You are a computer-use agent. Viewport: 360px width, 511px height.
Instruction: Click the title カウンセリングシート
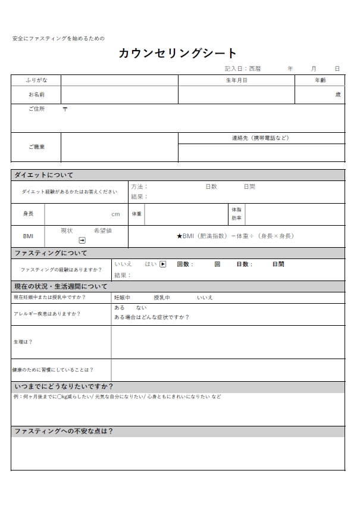click(177, 54)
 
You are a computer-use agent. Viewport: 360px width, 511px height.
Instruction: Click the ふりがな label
click(36, 80)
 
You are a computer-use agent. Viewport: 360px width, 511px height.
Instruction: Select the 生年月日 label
click(236, 80)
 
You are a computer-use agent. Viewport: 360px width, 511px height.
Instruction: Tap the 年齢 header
click(320, 80)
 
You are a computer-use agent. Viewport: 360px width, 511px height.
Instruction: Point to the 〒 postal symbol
click(65, 109)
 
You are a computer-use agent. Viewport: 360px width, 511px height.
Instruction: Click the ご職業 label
click(36, 147)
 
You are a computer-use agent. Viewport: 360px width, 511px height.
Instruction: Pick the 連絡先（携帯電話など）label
click(261, 138)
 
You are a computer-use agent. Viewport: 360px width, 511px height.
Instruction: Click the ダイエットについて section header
click(44, 175)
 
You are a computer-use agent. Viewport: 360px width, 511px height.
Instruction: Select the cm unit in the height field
click(115, 214)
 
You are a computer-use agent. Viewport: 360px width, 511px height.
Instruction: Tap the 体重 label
click(136, 214)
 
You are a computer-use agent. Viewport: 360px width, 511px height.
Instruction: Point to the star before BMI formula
click(179, 236)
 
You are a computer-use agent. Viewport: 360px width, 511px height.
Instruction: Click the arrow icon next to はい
click(162, 264)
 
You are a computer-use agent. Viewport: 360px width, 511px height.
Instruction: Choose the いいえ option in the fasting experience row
click(123, 264)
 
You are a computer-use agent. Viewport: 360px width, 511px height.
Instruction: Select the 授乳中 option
click(162, 297)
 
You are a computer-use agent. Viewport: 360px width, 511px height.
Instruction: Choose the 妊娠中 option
click(122, 297)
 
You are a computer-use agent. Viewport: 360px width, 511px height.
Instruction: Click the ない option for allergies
click(141, 308)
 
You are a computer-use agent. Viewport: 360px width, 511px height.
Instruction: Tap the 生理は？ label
click(23, 342)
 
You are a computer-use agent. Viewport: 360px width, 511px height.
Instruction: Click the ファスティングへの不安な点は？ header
click(63, 431)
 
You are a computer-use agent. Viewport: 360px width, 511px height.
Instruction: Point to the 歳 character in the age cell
click(338, 95)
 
